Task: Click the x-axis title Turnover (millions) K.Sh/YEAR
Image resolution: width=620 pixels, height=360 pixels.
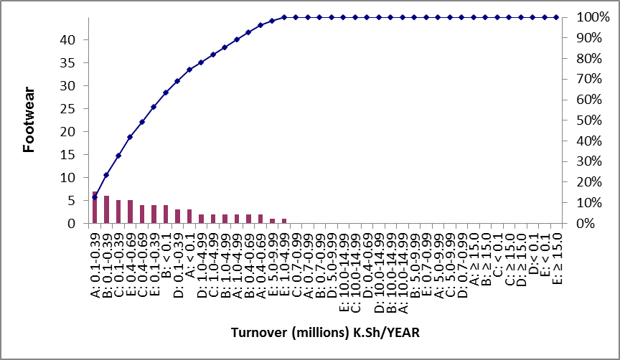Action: (325, 333)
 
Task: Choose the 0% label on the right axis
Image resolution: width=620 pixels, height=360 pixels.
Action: (588, 224)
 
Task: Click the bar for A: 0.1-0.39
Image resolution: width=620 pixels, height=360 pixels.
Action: (95, 208)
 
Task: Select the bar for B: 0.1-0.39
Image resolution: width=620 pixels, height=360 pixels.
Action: (106, 209)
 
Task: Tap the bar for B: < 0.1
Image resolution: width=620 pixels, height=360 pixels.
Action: (166, 214)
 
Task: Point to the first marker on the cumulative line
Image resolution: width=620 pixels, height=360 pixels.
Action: (95, 196)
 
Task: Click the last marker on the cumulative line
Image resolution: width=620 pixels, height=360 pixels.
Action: (556, 17)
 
